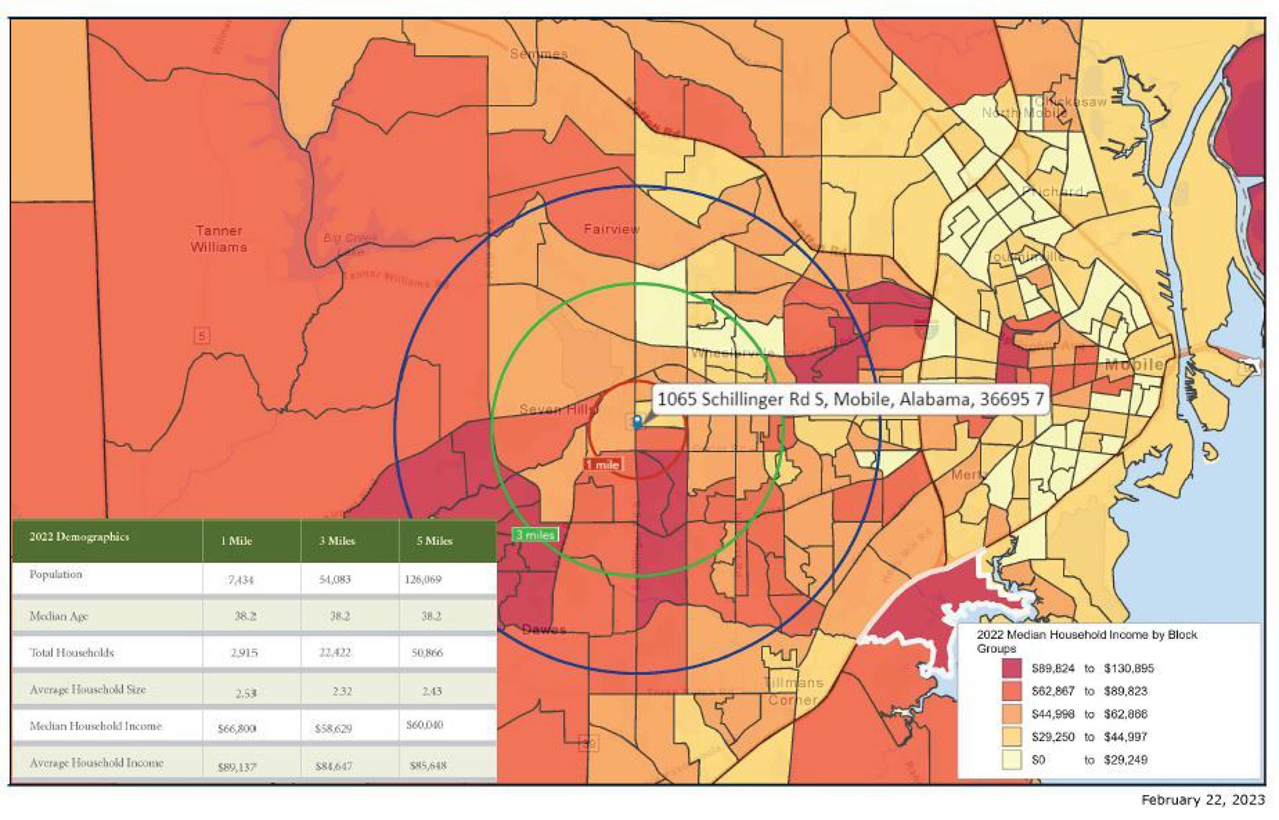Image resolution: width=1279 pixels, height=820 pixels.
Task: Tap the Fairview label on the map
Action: coord(611,230)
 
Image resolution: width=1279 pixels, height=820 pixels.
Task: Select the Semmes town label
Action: coord(538,54)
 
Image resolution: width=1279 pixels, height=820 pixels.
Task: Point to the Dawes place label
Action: coord(544,630)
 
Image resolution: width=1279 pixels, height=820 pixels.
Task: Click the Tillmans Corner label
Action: coord(793,691)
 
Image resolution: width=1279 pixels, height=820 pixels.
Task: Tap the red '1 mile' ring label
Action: coord(603,464)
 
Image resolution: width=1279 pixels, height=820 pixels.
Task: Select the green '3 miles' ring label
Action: coord(535,535)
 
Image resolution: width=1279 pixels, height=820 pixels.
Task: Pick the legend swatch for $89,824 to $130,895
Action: coord(1011,668)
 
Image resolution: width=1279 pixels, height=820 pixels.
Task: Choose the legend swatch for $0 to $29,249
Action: coord(1011,759)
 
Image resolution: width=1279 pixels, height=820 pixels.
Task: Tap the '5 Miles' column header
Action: coord(434,541)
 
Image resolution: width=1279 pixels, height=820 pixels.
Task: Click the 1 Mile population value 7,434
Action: coord(240,579)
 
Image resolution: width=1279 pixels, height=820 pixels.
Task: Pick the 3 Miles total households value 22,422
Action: coord(335,652)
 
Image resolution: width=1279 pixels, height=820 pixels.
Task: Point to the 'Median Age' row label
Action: coord(59,616)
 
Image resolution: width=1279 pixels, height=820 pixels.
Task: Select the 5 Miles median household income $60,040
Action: coord(424,725)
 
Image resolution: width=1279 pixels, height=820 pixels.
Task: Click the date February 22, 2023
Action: coord(1203,800)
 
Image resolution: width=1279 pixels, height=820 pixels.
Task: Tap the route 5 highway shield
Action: coord(201,336)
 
